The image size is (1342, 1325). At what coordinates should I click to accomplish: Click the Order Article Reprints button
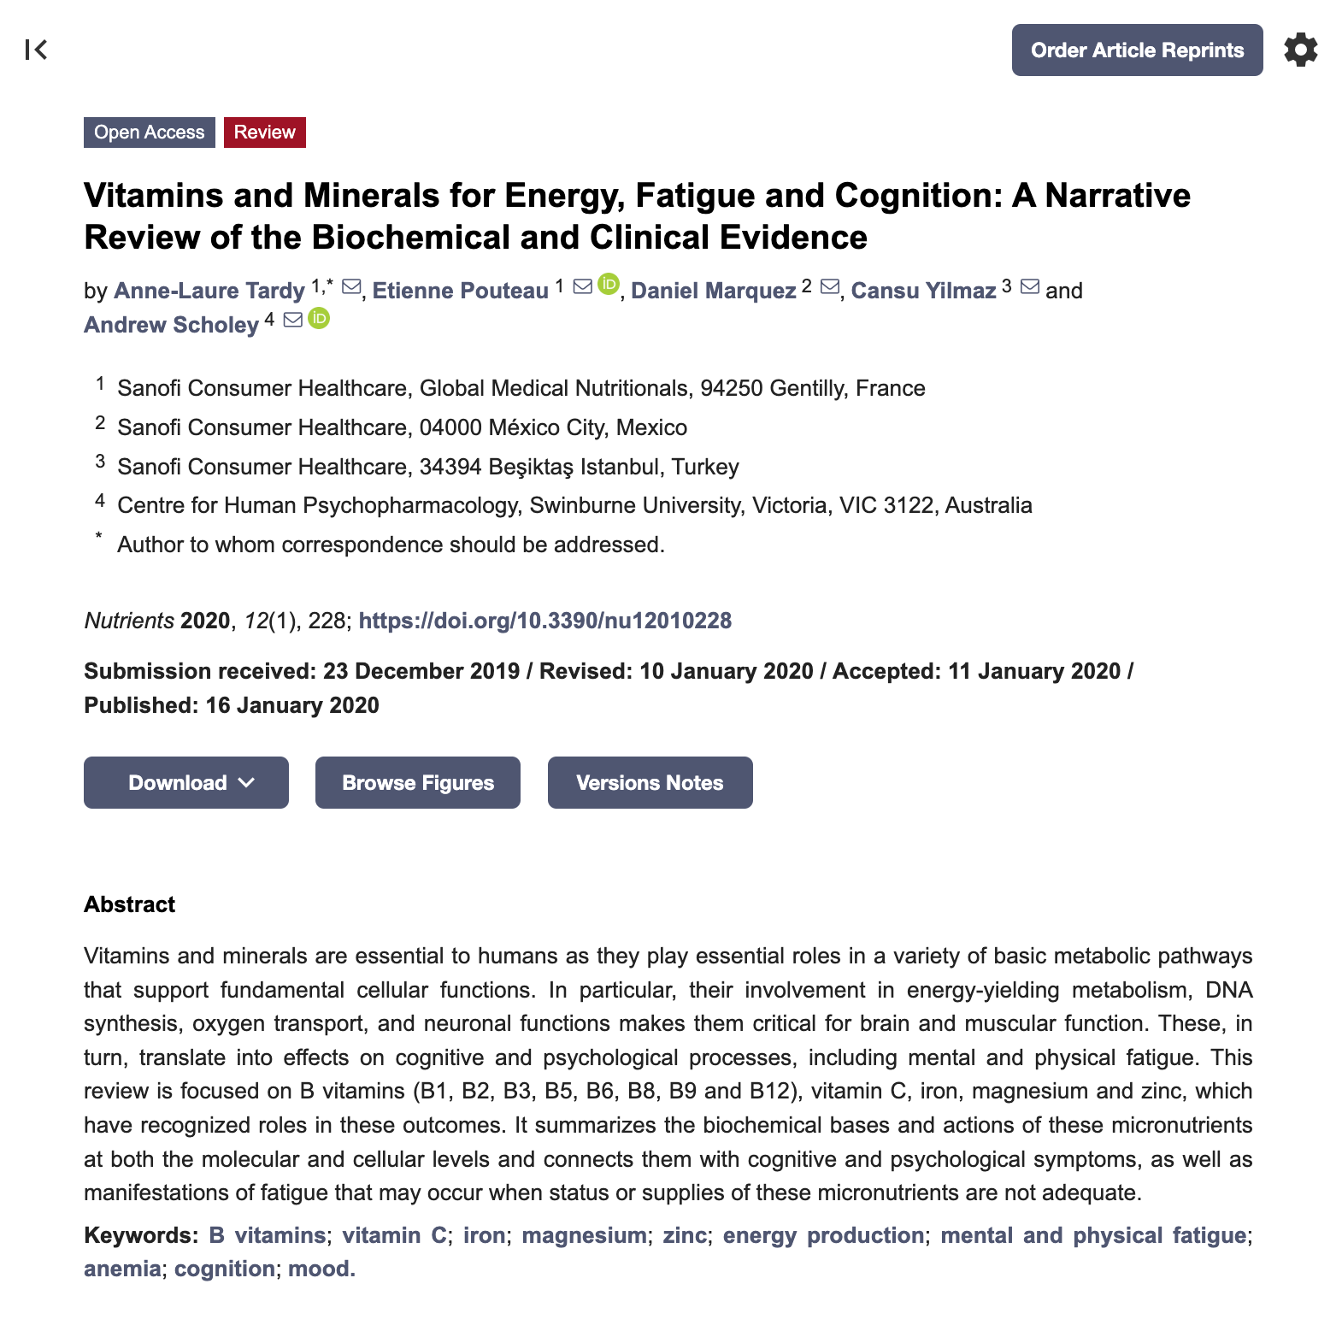pos(1137,50)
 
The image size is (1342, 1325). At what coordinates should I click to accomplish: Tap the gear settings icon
pos(1300,50)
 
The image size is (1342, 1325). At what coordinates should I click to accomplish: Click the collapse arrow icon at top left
pos(36,50)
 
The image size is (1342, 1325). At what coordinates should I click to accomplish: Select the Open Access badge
pos(150,132)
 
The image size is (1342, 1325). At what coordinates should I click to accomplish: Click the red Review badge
pos(264,132)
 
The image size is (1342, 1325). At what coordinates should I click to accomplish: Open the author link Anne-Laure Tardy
pos(209,291)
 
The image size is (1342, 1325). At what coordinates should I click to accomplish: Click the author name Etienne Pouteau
pos(460,291)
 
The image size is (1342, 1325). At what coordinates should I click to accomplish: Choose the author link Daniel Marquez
pos(714,291)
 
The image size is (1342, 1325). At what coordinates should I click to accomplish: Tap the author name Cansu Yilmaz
pos(923,291)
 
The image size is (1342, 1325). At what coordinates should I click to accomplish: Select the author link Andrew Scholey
pos(171,325)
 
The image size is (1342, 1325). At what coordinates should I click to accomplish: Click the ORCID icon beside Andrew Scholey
pos(319,319)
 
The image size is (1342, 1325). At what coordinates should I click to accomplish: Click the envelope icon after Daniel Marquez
pos(829,287)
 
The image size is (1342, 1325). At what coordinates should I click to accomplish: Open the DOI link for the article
pos(544,621)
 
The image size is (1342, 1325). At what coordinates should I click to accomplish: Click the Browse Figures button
pos(418,782)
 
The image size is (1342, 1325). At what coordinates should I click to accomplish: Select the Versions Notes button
pos(650,782)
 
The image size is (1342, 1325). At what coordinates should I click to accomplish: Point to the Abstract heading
pos(130,904)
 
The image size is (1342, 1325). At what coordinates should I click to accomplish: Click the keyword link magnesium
pos(584,1235)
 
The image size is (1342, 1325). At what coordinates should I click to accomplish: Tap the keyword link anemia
pos(122,1269)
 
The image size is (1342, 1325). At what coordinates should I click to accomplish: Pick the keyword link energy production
pos(823,1235)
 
